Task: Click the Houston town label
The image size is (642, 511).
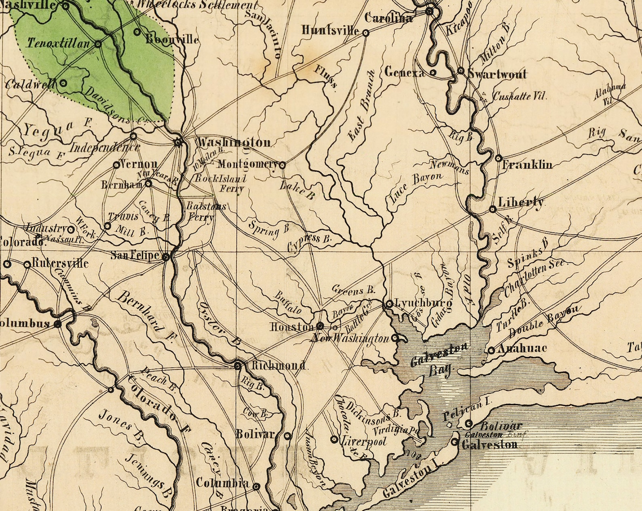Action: [x=292, y=327]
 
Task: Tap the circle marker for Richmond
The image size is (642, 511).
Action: [x=238, y=366]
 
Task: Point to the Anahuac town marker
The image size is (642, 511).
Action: [x=491, y=351]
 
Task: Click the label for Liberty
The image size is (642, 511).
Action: [x=521, y=202]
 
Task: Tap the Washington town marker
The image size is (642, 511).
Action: [x=178, y=142]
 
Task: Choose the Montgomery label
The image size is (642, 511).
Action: [x=247, y=165]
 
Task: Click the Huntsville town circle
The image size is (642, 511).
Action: [x=365, y=33]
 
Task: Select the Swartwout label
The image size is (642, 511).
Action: [x=497, y=74]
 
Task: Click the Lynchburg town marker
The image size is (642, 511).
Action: [x=389, y=304]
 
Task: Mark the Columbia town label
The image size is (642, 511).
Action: [x=222, y=483]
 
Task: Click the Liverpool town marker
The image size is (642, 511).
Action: [x=334, y=439]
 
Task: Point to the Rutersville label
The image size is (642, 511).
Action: [x=59, y=264]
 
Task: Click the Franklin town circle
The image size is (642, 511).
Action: [x=498, y=158]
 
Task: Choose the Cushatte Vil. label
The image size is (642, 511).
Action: [x=520, y=96]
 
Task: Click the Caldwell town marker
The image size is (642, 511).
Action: [x=63, y=83]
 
